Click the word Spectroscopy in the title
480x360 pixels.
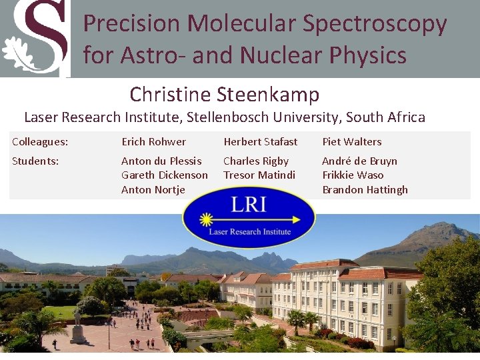(374, 23)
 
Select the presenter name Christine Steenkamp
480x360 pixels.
(225, 94)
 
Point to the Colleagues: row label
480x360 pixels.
(40, 141)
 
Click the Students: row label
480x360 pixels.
(35, 161)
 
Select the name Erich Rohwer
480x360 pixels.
(153, 141)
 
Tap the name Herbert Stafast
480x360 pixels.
(261, 141)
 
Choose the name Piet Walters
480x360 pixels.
(352, 141)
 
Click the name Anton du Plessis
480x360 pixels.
(161, 161)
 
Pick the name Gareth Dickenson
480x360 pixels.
(165, 175)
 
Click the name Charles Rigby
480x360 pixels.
(256, 161)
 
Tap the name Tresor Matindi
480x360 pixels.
(259, 175)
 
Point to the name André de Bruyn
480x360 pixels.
(359, 161)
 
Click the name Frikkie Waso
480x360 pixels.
(353, 175)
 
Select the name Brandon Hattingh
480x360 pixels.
(365, 189)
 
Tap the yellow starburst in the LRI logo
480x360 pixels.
(206, 219)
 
